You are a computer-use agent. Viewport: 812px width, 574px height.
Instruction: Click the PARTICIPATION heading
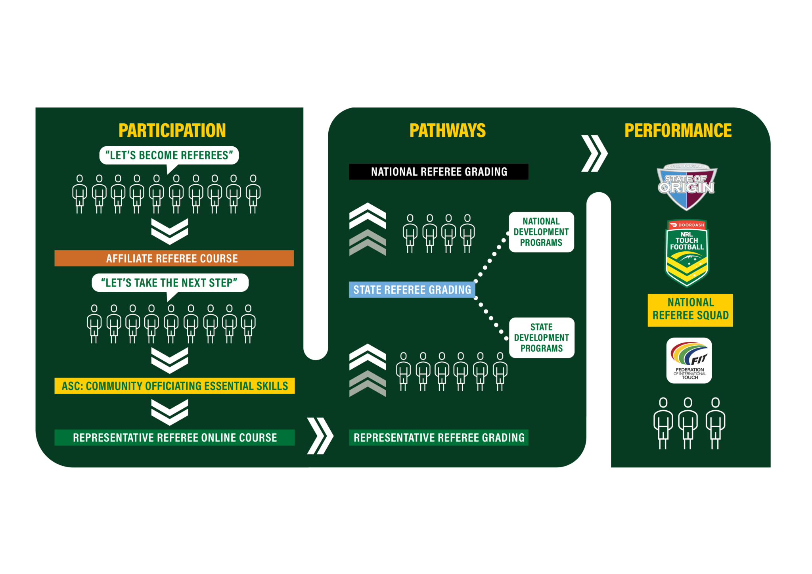[172, 130]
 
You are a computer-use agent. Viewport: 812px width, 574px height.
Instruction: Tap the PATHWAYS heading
[447, 130]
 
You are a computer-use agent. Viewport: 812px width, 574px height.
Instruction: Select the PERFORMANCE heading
[678, 130]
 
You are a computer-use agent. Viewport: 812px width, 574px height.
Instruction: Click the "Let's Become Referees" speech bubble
[169, 155]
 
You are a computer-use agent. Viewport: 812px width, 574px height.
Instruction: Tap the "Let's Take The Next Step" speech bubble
[170, 283]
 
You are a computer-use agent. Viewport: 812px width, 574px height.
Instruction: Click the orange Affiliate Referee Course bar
[174, 258]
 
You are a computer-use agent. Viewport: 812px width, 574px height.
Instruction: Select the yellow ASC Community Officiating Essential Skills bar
[174, 386]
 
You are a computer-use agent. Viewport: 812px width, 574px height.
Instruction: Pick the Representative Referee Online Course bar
[174, 437]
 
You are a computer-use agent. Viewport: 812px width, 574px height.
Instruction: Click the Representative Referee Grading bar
[439, 437]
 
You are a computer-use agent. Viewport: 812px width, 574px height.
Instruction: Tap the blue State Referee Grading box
[412, 290]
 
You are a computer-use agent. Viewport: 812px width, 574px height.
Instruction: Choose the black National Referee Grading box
[439, 172]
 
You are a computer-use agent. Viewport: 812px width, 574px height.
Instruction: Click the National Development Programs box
[541, 232]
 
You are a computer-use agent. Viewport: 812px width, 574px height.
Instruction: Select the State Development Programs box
[542, 338]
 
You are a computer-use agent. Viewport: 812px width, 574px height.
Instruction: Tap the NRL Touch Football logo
[687, 253]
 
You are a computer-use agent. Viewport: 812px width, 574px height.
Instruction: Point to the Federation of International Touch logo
[689, 360]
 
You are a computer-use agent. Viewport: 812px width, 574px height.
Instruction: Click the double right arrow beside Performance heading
[594, 153]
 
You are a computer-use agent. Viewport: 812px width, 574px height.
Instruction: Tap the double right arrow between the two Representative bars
[320, 436]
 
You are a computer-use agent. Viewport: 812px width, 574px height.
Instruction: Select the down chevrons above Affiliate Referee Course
[170, 232]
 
